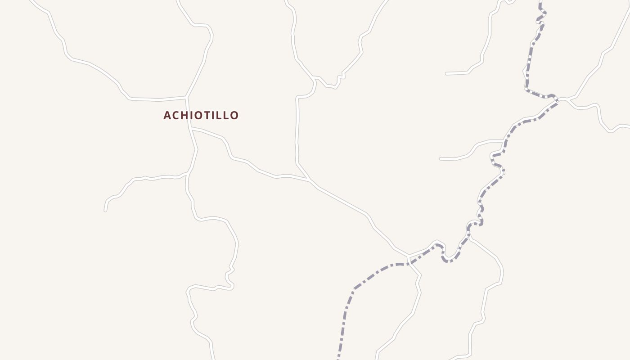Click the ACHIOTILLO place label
pos(201,116)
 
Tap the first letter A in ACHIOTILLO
pos(167,116)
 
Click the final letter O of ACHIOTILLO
pos(234,116)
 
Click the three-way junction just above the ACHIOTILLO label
pos(186,97)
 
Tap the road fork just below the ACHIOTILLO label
pos(191,128)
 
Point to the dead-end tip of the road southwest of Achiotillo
pos(105,210)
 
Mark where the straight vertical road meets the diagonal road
pos(308,179)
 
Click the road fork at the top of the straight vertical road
pos(314,79)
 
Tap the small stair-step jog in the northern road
pos(340,77)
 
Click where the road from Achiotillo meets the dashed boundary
pos(409,257)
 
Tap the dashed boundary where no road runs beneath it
pos(346,306)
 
